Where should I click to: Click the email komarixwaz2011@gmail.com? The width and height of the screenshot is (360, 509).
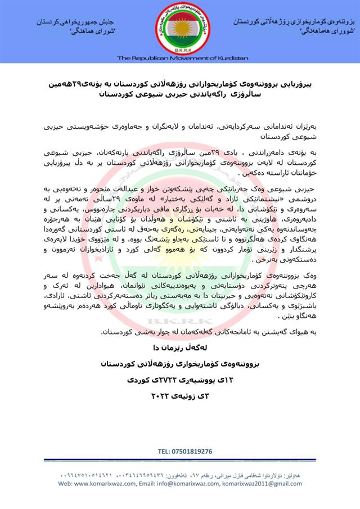click(x=254, y=483)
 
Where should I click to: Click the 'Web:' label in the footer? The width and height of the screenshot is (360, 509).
click(x=66, y=483)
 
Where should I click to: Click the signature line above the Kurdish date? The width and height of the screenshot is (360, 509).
click(x=180, y=364)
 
